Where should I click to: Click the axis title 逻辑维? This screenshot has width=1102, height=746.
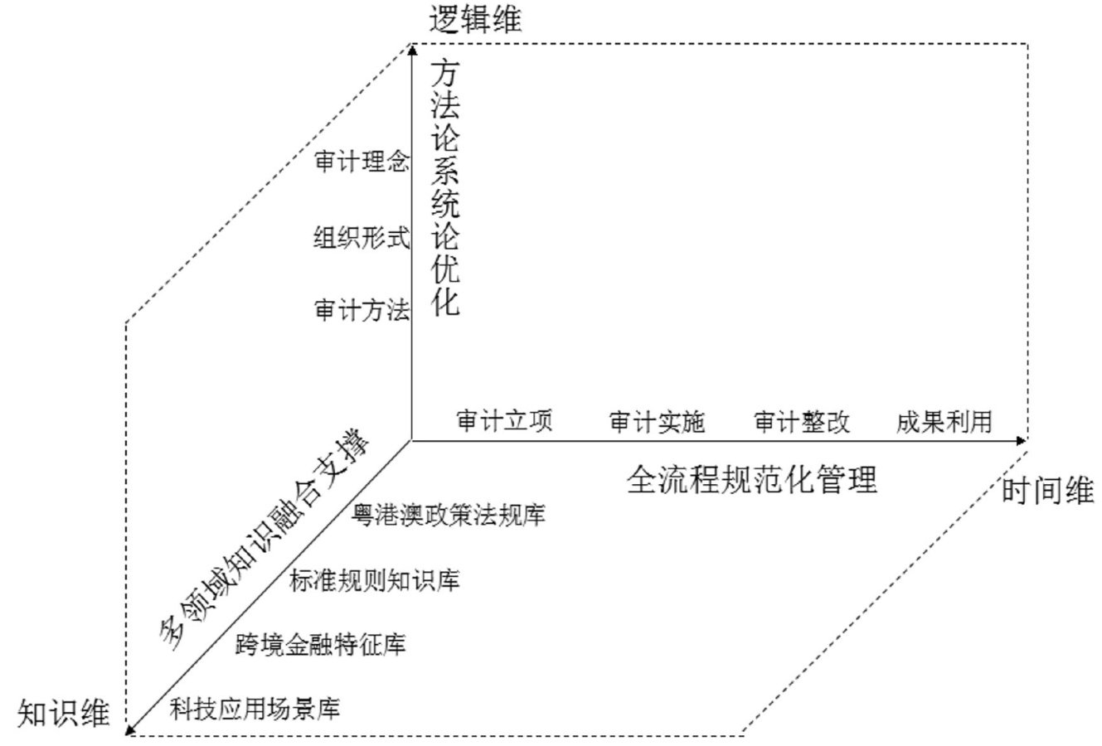point(476,19)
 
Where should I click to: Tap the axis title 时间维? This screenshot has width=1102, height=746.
point(1047,492)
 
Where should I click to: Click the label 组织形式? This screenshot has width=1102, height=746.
point(362,238)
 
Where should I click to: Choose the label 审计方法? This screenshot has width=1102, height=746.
point(362,311)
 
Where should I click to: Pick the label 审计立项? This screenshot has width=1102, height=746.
point(504,421)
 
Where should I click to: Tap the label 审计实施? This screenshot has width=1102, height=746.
point(657,422)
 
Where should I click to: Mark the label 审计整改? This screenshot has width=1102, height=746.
point(802,422)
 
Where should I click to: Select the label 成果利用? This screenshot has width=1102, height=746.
point(944,422)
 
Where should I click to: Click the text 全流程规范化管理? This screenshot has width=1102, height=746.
point(751,479)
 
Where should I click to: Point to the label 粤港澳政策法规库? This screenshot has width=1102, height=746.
point(449,515)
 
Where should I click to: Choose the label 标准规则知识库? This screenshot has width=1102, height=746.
point(375,580)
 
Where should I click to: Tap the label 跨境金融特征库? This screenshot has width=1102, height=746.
point(321,644)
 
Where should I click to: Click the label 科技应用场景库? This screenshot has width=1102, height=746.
point(255,709)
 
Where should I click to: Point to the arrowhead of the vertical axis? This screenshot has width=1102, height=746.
point(412,51)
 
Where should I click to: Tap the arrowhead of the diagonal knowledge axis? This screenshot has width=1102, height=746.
point(131,729)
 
